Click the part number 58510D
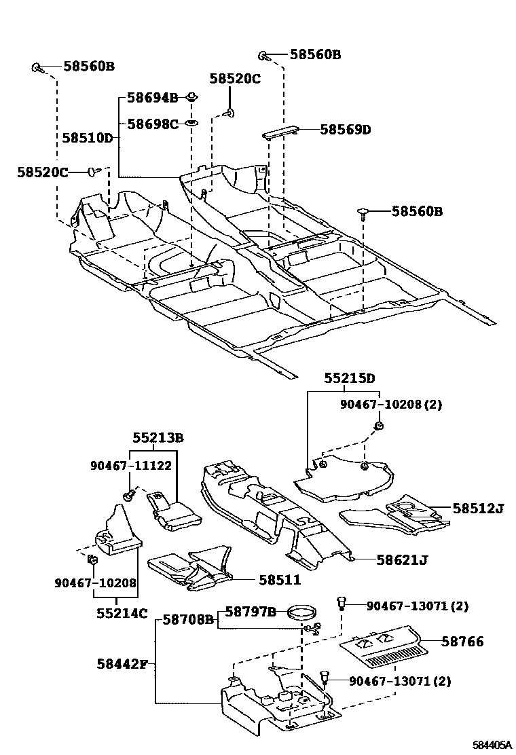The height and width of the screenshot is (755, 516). point(87,138)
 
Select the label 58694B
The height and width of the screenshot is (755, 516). point(153,98)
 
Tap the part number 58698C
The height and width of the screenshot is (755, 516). point(153,124)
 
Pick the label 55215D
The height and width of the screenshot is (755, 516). point(349,378)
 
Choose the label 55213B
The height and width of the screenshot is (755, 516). point(158,438)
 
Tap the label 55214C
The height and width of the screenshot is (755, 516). point(121,613)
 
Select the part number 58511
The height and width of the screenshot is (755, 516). point(279,580)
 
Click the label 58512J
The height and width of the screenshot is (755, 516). point(479,507)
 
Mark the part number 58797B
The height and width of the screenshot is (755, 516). point(250,612)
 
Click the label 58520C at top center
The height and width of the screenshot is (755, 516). point(234,79)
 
